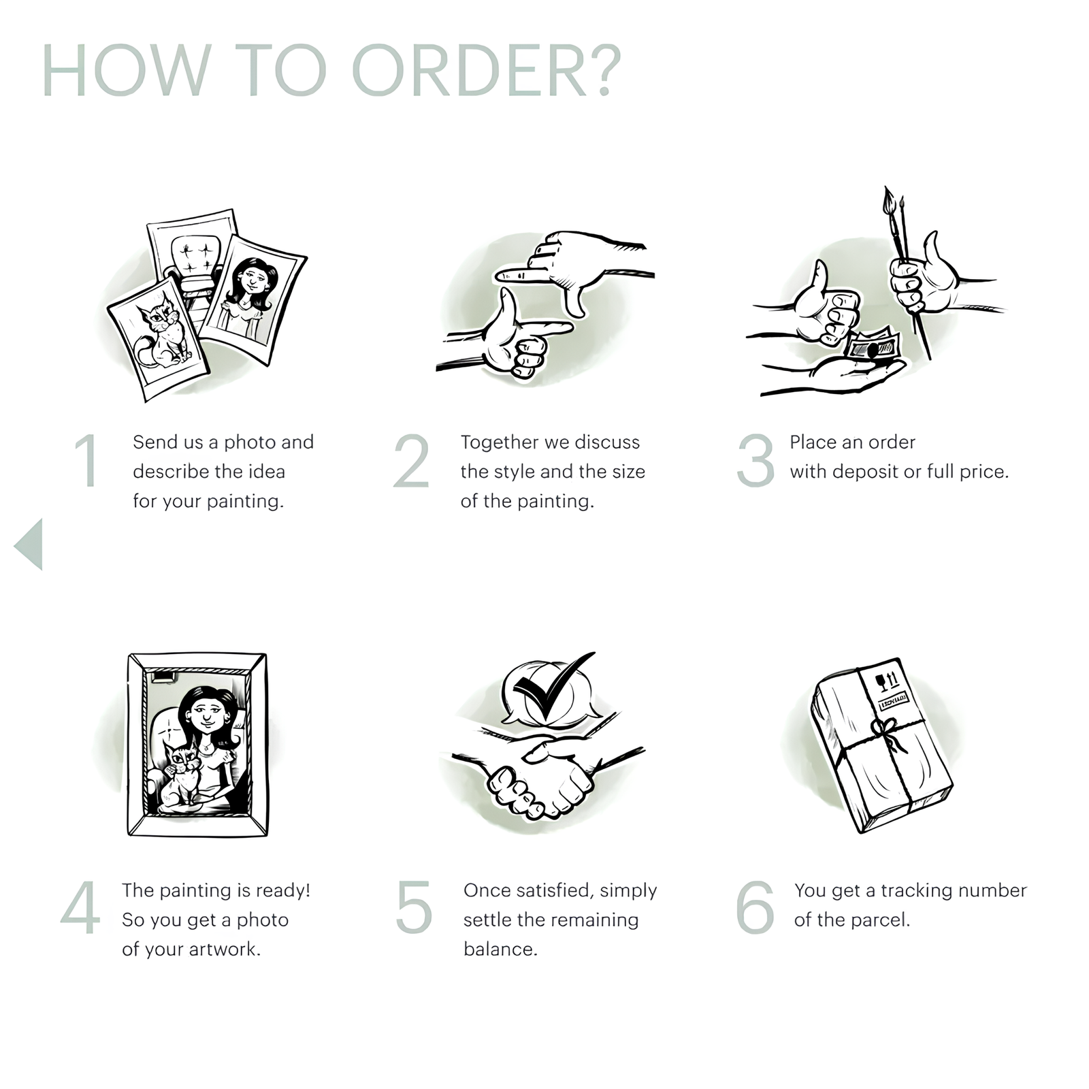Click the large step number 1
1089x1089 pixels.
(x=87, y=461)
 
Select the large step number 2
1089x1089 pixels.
(x=412, y=461)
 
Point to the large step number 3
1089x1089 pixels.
(x=755, y=461)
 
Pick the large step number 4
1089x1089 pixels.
(x=80, y=909)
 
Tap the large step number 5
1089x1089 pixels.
(x=414, y=907)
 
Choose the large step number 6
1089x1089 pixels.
(x=755, y=907)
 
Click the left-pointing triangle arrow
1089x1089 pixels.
(x=29, y=544)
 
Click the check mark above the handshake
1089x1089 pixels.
(x=553, y=687)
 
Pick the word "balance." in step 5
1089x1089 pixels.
(x=500, y=949)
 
